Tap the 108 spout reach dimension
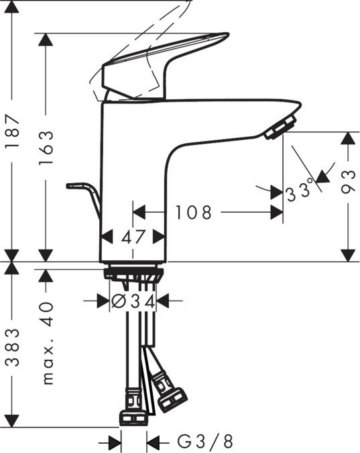(194, 213)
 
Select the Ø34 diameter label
(132, 301)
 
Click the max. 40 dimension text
(46, 343)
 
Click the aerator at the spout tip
(280, 128)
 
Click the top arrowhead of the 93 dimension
(347, 138)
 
